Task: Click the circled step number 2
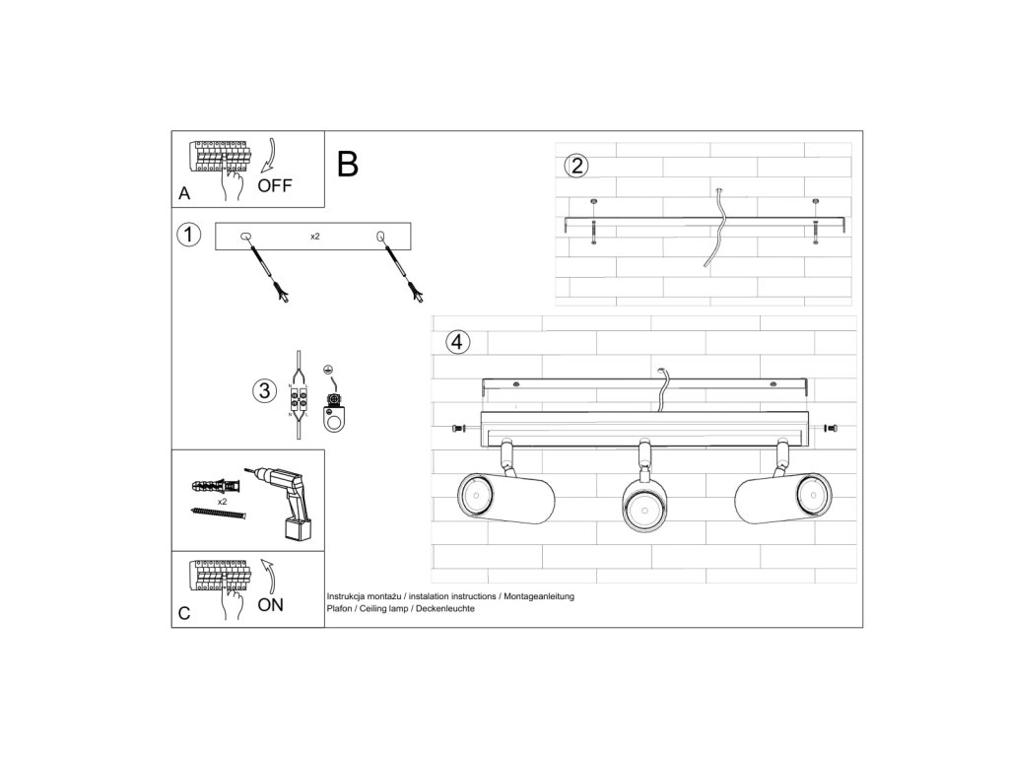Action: [x=576, y=166]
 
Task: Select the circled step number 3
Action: [x=263, y=390]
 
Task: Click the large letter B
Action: [x=347, y=164]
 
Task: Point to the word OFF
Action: [x=275, y=186]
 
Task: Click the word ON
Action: [x=270, y=605]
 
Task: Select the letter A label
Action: [x=184, y=194]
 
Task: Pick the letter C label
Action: [x=184, y=613]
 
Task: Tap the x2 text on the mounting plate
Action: [x=314, y=237]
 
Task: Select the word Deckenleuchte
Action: [x=444, y=609]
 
